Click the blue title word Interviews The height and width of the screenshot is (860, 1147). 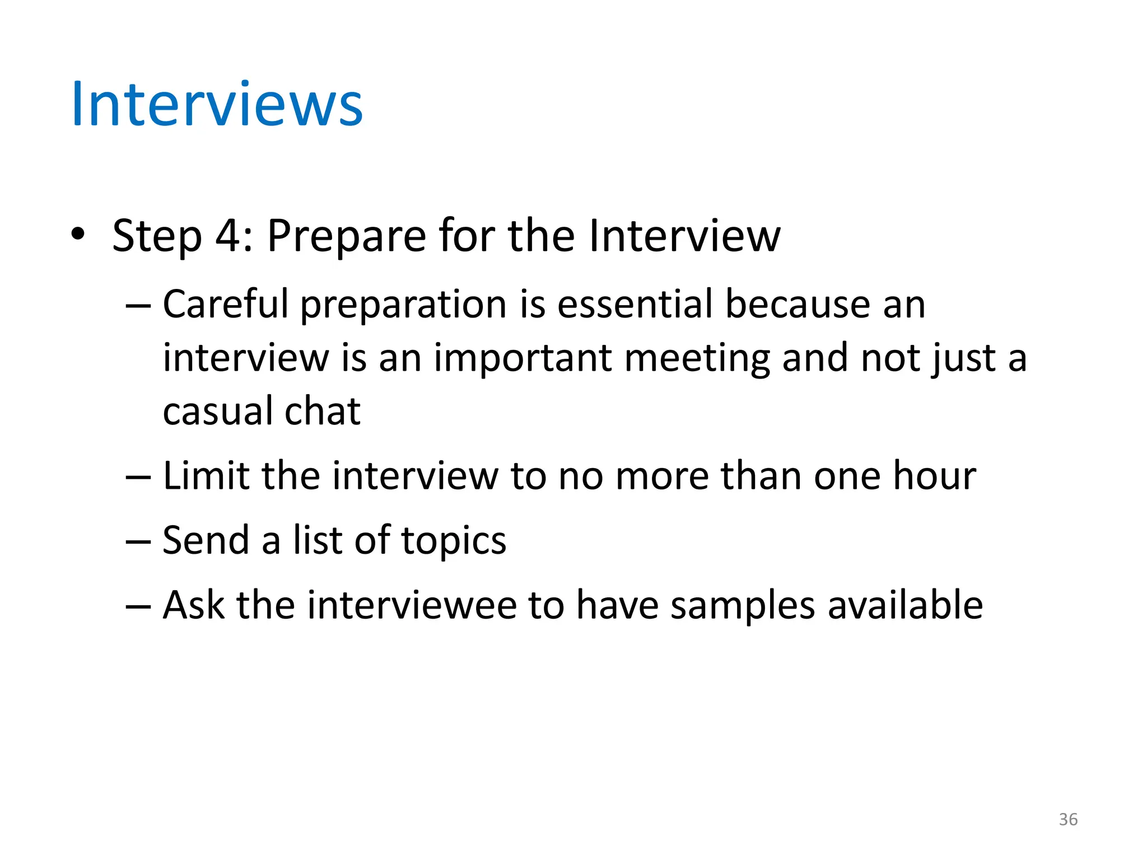point(217,105)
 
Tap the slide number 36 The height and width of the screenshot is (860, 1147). point(1068,820)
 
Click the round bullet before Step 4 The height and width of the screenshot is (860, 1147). point(78,234)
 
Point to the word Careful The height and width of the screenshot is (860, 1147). point(226,304)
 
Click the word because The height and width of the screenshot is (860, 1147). point(798,304)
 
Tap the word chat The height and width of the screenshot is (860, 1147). point(323,412)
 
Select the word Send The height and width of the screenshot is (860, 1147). point(206,541)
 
